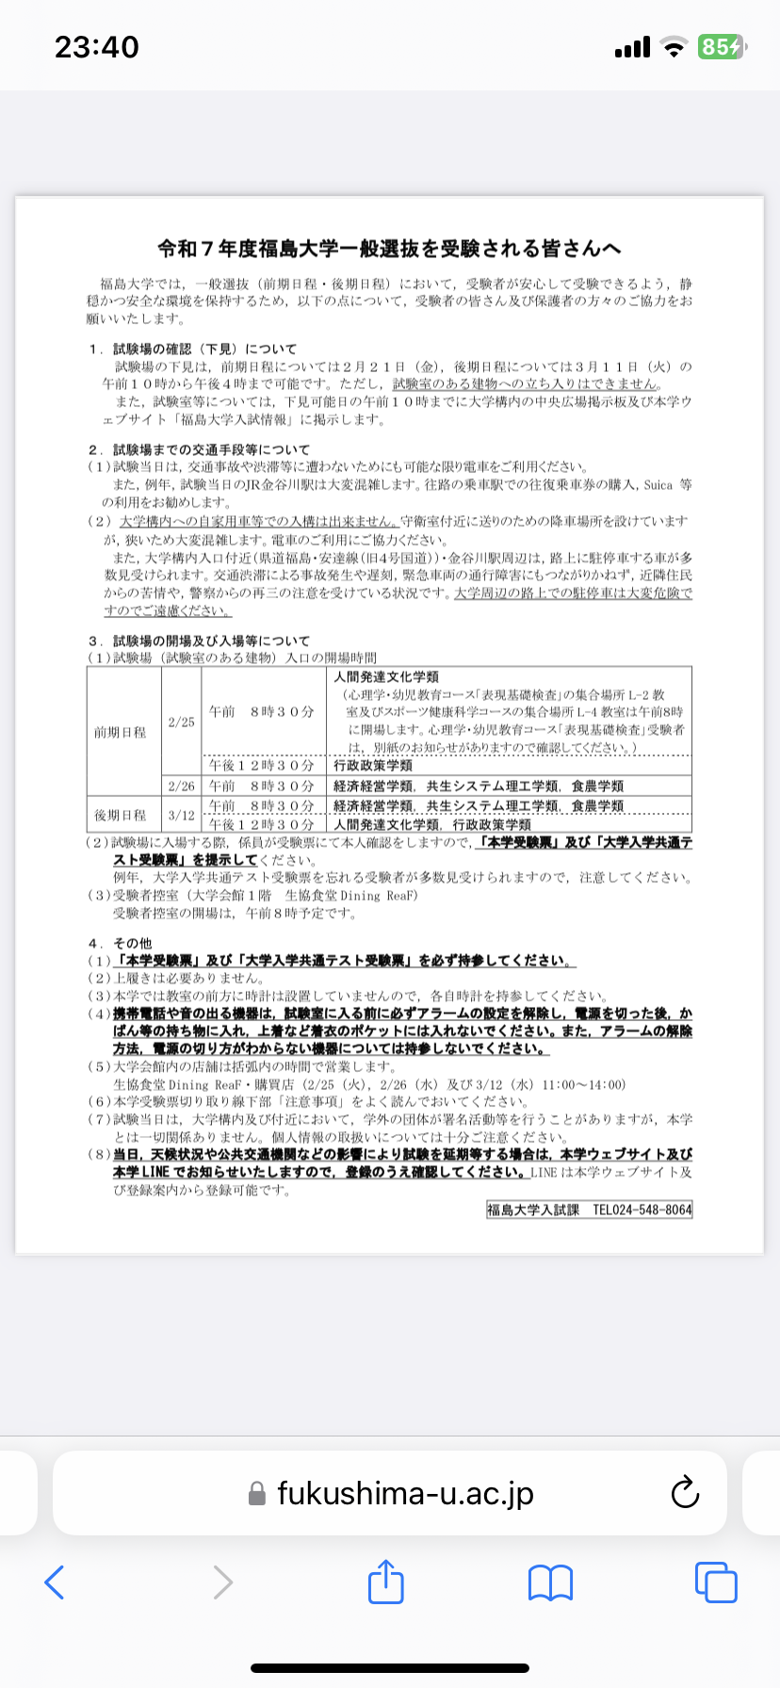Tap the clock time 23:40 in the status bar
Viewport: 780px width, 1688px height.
97,46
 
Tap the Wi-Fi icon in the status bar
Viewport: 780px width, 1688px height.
673,47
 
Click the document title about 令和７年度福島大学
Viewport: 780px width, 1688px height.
389,249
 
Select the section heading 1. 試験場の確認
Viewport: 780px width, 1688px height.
193,349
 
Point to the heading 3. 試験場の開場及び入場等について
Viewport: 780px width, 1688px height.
200,641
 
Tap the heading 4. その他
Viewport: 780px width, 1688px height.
121,943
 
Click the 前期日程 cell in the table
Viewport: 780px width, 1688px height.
121,732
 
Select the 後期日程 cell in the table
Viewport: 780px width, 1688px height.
121,815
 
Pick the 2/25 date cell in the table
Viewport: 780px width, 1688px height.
182,722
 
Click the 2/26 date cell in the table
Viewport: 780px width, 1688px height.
182,786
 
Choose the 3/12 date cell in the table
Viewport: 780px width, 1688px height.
182,815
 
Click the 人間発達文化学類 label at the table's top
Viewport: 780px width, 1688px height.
386,676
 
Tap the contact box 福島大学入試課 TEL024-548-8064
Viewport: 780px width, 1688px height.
589,1209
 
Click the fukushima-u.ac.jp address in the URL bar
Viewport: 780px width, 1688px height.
405,1493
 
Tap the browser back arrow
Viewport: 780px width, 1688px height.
55,1582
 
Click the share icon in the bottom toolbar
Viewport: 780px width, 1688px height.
385,1582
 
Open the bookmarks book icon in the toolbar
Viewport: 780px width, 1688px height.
550,1582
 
